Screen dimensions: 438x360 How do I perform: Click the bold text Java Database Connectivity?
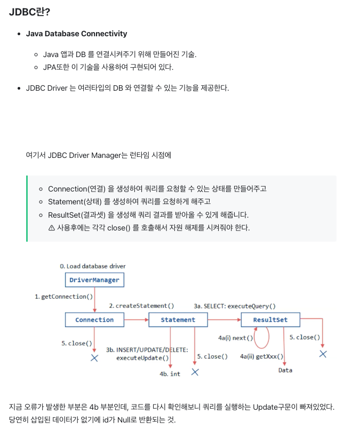pos(76,34)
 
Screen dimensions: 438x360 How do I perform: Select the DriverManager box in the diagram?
pos(94,280)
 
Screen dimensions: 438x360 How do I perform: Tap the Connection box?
pos(94,320)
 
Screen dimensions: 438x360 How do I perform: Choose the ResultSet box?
pos(270,320)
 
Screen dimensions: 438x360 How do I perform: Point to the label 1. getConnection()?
pos(64,297)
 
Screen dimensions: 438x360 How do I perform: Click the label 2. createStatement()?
pos(141,306)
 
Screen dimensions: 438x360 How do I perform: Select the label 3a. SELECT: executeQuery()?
pos(235,306)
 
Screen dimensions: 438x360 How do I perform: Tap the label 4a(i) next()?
pos(236,338)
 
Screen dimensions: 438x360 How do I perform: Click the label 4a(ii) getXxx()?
pos(262,356)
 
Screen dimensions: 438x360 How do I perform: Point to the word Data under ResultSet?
pos(285,370)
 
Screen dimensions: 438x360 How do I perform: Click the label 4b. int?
pos(170,374)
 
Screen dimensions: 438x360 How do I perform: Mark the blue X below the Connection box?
pos(94,358)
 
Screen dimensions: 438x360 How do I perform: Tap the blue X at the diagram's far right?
pos(323,354)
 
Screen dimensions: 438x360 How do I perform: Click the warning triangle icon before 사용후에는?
pos(52,228)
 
